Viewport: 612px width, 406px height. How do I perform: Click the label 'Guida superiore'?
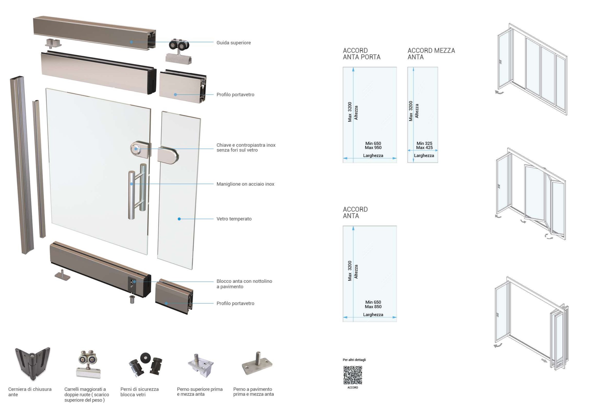(233, 43)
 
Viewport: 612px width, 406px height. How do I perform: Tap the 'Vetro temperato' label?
(234, 219)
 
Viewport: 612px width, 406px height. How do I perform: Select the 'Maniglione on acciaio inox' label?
(245, 184)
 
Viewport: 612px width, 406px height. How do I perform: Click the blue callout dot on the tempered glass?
(179, 219)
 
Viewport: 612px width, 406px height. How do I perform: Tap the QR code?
(353, 375)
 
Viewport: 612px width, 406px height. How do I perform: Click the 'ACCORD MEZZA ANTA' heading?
(431, 54)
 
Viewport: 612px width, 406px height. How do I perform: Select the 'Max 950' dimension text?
(373, 148)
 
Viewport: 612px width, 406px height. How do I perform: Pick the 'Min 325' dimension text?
(424, 143)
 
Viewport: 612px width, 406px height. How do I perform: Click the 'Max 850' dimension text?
(373, 306)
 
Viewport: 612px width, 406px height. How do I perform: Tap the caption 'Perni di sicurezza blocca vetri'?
(139, 392)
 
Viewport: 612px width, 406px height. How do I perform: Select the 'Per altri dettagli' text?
(354, 360)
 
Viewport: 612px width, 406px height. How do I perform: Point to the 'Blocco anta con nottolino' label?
(244, 281)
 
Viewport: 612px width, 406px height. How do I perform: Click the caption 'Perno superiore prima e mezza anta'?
(200, 392)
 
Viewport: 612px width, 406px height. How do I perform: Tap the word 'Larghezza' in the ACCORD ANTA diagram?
(373, 315)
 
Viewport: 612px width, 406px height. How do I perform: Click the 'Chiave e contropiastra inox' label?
(246, 145)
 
